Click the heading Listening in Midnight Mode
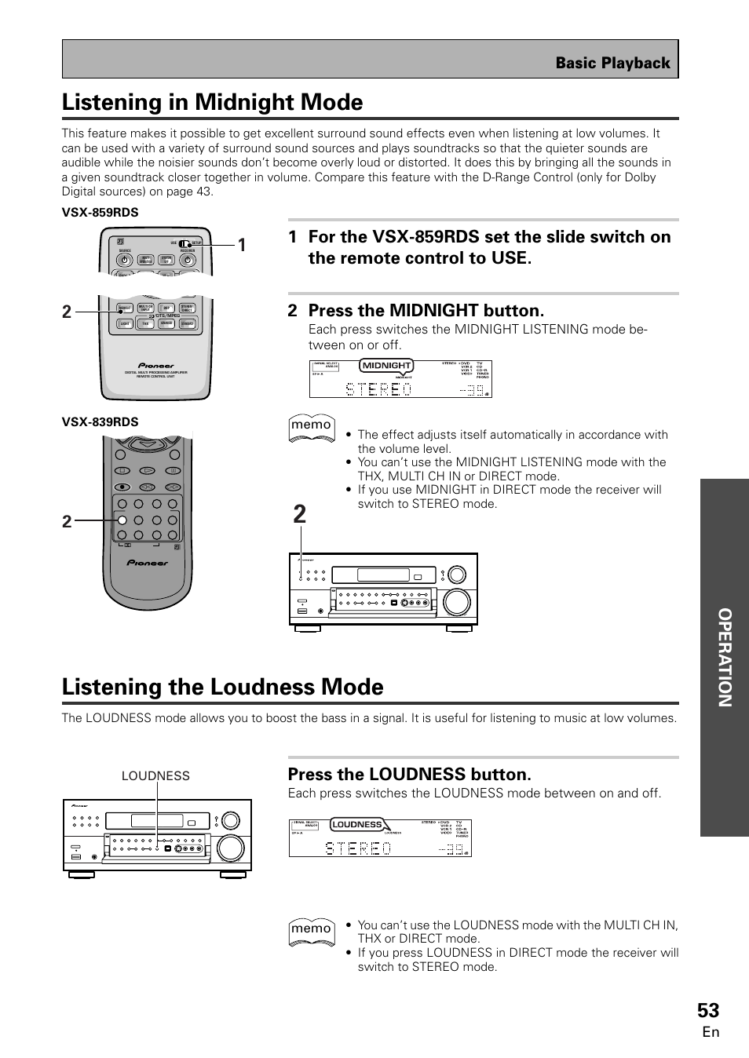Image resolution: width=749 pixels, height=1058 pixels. (212, 102)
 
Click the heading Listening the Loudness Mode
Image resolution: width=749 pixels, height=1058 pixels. (222, 687)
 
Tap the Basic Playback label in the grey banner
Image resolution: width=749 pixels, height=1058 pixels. (612, 63)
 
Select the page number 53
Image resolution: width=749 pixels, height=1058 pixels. (707, 1010)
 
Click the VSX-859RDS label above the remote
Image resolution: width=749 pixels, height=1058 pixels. (100, 213)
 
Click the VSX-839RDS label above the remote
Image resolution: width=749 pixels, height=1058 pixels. (100, 421)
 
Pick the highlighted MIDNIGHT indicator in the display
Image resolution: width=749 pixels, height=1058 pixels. (386, 365)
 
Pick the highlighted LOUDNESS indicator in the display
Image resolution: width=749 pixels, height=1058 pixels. (356, 824)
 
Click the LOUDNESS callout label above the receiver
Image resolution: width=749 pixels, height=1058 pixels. (155, 775)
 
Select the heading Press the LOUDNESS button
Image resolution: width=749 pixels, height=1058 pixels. (409, 775)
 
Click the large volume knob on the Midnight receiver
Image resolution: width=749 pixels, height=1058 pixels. (456, 602)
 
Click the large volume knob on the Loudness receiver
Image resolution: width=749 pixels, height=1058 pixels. (230, 848)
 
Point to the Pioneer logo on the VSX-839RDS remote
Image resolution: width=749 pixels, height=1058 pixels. (148, 563)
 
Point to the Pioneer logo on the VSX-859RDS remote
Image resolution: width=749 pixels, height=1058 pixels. (156, 365)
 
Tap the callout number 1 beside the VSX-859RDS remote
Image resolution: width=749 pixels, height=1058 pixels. (242, 245)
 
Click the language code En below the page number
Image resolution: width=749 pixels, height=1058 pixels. (711, 1032)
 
